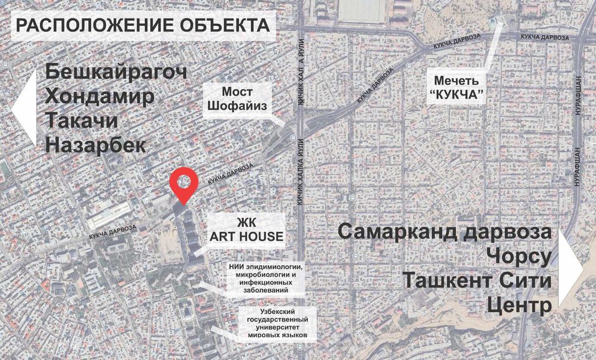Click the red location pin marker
[x=183, y=184]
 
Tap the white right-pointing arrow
[x=571, y=269]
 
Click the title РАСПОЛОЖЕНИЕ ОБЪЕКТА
[x=142, y=26]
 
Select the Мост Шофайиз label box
[x=238, y=100]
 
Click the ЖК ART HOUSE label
[x=246, y=229]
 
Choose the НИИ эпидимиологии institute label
[x=265, y=277]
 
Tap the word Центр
[x=519, y=305]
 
